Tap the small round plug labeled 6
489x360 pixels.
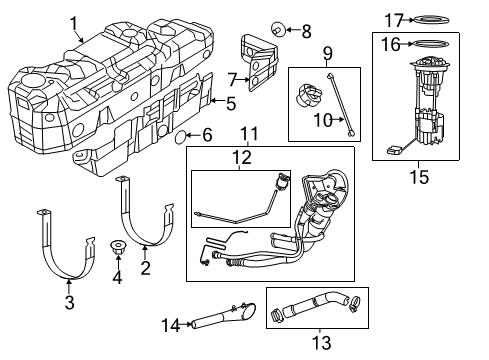pos(182,134)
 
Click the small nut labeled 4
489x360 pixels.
pos(119,247)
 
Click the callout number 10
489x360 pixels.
pos(323,122)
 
